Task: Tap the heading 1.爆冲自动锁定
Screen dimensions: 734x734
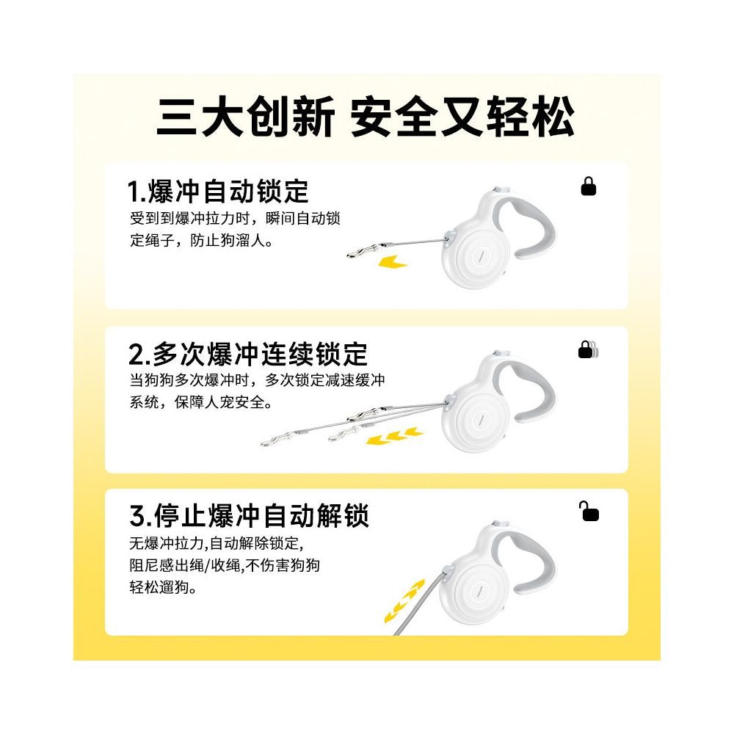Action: coord(218,192)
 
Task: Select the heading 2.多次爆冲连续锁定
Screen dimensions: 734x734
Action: coord(248,355)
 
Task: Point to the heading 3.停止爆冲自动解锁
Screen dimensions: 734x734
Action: coord(249,517)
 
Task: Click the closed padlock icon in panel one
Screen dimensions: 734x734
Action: coord(589,187)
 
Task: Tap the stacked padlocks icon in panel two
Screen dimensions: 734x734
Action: coord(588,349)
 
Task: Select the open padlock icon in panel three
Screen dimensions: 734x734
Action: coord(589,512)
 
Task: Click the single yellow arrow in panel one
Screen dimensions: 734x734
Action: coord(389,261)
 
